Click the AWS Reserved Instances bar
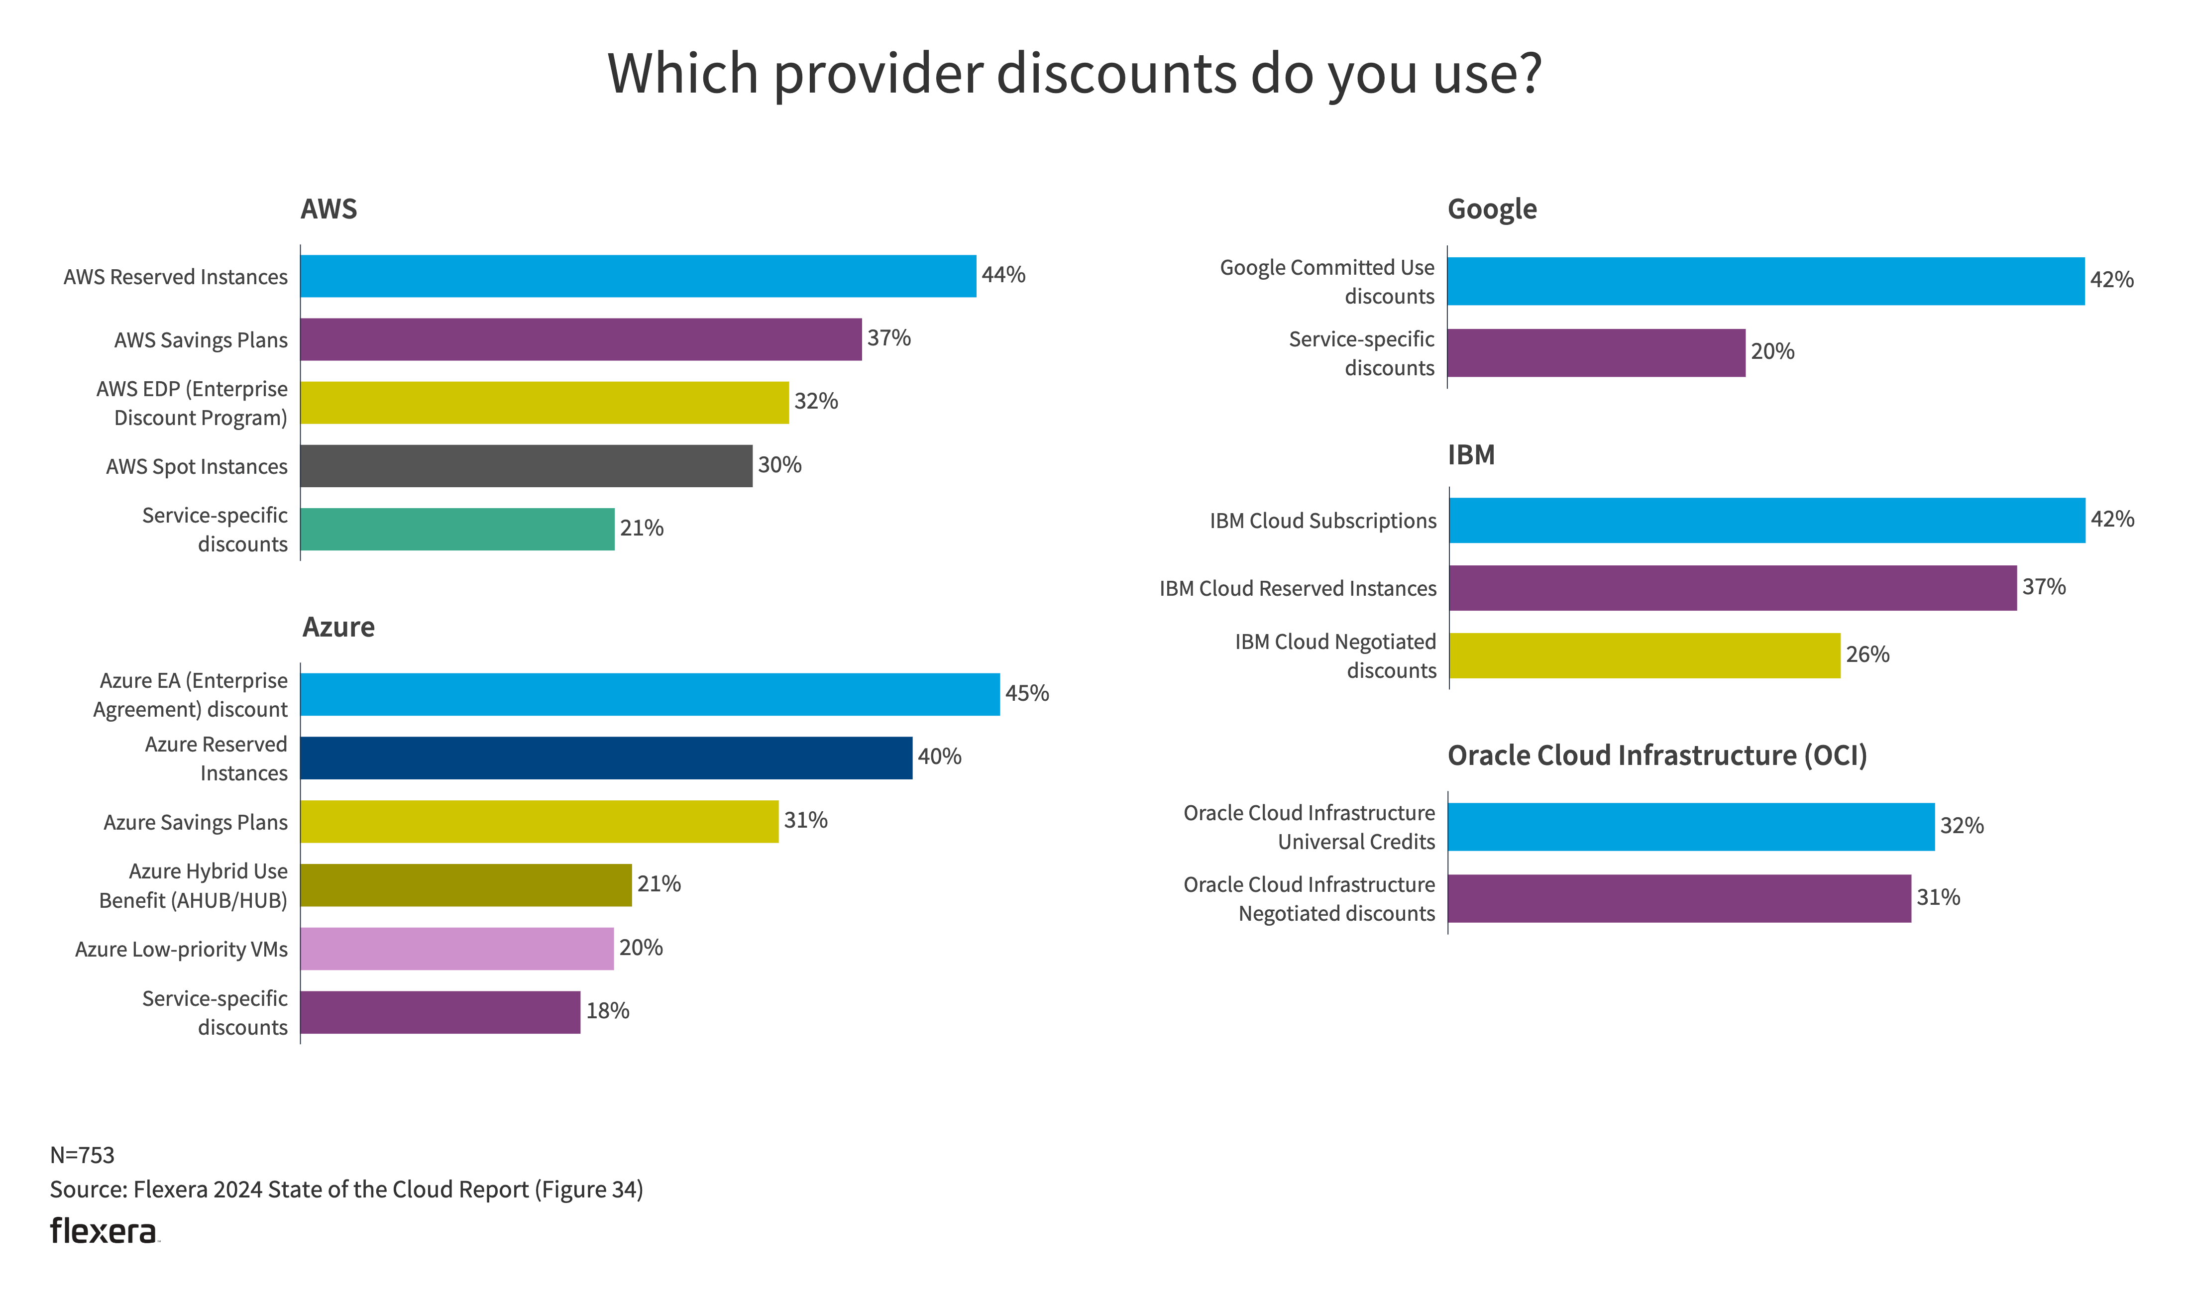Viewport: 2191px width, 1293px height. (x=638, y=276)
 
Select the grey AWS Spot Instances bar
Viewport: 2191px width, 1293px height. (x=526, y=466)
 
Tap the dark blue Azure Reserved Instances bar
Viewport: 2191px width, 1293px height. (x=606, y=758)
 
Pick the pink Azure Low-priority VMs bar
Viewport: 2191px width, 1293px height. (x=456, y=949)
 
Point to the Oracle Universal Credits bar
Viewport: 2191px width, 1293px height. (x=1690, y=827)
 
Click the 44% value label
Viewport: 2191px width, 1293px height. (x=1003, y=275)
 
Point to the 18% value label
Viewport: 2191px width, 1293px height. (x=607, y=1011)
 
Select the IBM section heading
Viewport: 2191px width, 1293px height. (x=1471, y=455)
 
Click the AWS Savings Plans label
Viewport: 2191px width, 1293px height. (x=201, y=340)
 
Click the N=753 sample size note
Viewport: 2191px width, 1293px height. (x=82, y=1155)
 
